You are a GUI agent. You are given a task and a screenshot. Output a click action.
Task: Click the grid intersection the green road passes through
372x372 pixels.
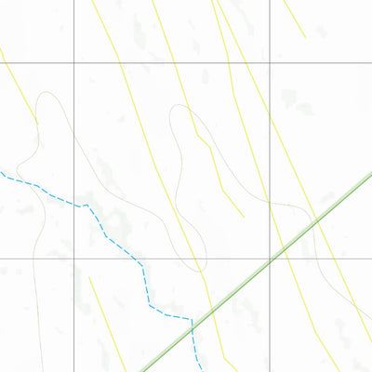pyautogui.click(x=270, y=259)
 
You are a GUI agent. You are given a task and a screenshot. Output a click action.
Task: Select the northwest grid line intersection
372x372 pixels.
pyautogui.click(x=74, y=62)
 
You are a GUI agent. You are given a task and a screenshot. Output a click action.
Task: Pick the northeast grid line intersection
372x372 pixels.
pyautogui.click(x=270, y=62)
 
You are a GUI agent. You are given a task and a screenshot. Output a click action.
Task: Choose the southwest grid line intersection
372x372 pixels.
pyautogui.click(x=74, y=259)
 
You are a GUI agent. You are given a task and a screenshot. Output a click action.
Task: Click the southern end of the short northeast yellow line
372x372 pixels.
pyautogui.click(x=305, y=37)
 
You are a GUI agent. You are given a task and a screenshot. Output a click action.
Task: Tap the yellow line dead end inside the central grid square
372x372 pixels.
pyautogui.click(x=244, y=217)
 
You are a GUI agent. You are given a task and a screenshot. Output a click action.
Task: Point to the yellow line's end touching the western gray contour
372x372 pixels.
pyautogui.click(x=37, y=122)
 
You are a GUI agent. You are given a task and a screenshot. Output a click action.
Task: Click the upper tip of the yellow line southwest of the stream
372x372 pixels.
pyautogui.click(x=89, y=276)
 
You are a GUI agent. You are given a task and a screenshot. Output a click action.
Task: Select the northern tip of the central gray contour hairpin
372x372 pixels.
pyautogui.click(x=178, y=105)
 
